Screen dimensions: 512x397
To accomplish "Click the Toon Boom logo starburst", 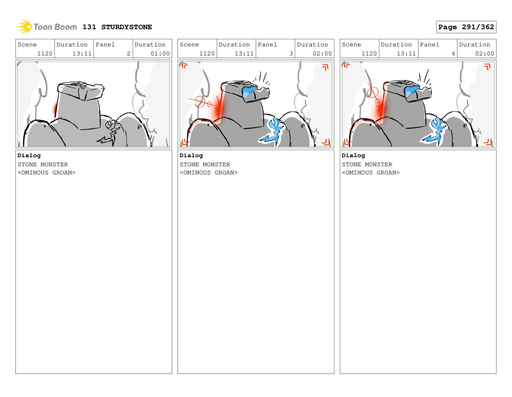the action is pyautogui.click(x=25, y=27).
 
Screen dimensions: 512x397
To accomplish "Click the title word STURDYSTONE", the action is pyautogui.click(x=127, y=27).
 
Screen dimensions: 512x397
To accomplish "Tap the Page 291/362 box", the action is pyautogui.click(x=466, y=27).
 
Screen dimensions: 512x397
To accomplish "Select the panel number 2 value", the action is pyautogui.click(x=128, y=54).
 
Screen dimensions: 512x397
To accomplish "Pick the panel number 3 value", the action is pyautogui.click(x=291, y=54).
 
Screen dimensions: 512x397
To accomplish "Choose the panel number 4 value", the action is pyautogui.click(x=453, y=54).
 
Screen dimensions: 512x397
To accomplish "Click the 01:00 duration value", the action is pyautogui.click(x=160, y=54).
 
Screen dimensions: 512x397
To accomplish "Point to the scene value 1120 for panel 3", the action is pyautogui.click(x=207, y=54).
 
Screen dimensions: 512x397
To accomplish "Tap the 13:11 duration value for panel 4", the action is pyautogui.click(x=406, y=54).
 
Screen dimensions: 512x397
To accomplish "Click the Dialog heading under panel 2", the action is pyautogui.click(x=29, y=156).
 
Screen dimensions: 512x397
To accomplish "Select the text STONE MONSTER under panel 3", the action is pyautogui.click(x=205, y=164).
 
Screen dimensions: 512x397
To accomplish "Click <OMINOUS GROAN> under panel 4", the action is pyautogui.click(x=371, y=173).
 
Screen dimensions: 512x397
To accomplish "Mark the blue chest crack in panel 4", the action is pyautogui.click(x=434, y=131).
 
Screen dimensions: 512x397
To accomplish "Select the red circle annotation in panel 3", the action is pyautogui.click(x=200, y=102).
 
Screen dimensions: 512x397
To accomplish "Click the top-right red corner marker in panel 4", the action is pyautogui.click(x=487, y=67).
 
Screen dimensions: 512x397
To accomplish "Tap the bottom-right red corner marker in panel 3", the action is pyautogui.click(x=326, y=142).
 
